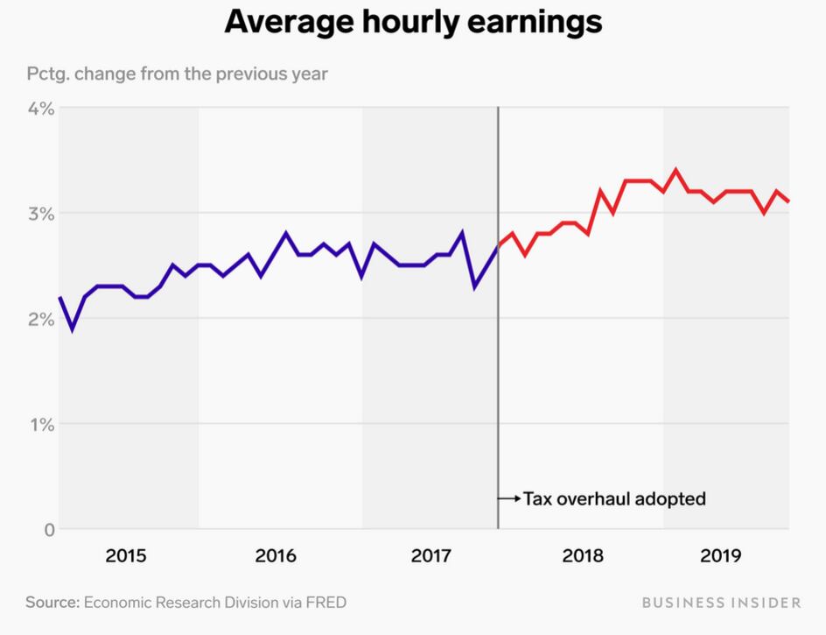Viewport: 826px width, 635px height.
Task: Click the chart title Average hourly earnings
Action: (x=413, y=21)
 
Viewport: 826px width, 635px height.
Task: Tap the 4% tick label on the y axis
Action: (x=40, y=109)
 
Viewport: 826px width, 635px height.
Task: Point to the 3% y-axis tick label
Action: (x=40, y=214)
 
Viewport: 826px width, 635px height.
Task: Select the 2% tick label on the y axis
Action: (x=40, y=320)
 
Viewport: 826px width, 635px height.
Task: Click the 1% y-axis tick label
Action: (x=41, y=425)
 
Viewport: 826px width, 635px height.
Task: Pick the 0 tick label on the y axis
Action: (x=48, y=530)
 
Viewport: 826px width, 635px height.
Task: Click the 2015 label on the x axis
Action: (x=126, y=555)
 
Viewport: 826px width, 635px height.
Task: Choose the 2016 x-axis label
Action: (x=276, y=555)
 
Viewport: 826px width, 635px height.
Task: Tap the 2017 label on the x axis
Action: (x=430, y=555)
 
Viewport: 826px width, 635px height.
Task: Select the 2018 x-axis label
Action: (x=583, y=555)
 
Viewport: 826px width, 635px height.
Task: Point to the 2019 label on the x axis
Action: (x=722, y=555)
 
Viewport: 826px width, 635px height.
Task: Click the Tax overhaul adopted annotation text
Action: (x=614, y=499)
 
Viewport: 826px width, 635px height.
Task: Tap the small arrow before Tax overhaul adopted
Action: (x=508, y=499)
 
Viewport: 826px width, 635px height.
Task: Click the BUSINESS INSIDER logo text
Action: (x=721, y=603)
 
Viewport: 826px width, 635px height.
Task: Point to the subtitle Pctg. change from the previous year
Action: (x=177, y=73)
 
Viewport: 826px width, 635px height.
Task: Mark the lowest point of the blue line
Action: (x=72, y=330)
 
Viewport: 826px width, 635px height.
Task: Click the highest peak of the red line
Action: (x=675, y=171)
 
